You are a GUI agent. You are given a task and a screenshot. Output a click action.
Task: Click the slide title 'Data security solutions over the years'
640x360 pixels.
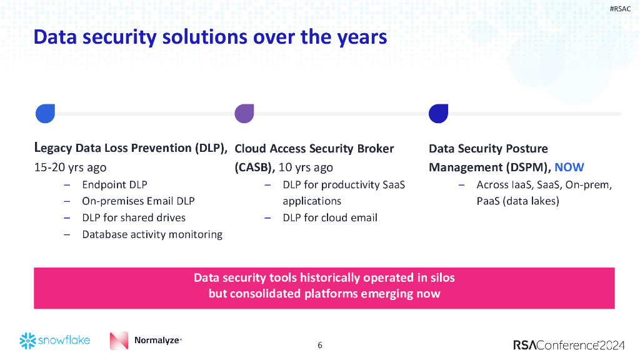click(210, 37)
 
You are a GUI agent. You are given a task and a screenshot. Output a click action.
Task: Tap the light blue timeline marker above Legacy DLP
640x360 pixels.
click(45, 113)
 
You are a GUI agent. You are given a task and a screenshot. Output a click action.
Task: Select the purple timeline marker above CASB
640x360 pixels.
click(244, 113)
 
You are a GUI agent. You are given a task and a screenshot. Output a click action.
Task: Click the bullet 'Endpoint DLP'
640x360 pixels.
click(114, 184)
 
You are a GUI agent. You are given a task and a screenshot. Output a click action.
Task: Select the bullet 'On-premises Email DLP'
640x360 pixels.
click(138, 201)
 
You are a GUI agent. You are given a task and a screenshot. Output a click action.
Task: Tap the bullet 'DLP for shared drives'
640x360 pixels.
click(134, 217)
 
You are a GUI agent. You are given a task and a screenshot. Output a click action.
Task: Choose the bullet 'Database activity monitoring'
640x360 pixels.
click(152, 234)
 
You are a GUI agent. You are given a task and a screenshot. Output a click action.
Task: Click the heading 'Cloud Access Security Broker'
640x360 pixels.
click(314, 149)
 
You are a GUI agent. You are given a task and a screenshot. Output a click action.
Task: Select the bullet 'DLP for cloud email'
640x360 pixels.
click(329, 217)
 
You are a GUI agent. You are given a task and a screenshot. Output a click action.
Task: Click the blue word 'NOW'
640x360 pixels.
click(569, 167)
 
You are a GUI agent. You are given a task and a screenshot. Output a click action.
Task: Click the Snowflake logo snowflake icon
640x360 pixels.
click(27, 341)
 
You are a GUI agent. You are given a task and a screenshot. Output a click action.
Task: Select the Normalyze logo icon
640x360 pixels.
click(119, 341)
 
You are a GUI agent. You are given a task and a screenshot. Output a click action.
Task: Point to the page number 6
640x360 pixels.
click(320, 345)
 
